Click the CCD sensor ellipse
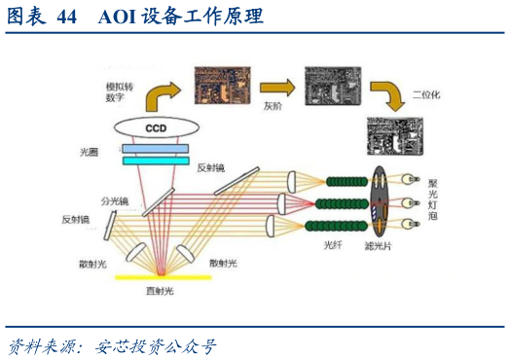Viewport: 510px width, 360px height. (x=156, y=128)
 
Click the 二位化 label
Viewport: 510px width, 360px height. (x=426, y=95)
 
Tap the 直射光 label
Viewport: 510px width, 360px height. (x=160, y=290)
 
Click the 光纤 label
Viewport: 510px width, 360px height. (x=334, y=246)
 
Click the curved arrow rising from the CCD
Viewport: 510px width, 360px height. (x=161, y=93)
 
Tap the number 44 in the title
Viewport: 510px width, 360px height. (x=66, y=18)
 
